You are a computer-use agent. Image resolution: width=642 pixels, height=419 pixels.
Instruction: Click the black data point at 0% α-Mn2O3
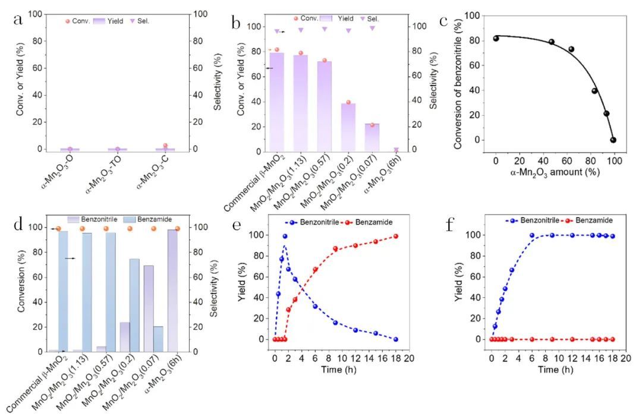coord(496,39)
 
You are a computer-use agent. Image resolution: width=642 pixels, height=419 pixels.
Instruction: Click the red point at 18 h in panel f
coord(612,339)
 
